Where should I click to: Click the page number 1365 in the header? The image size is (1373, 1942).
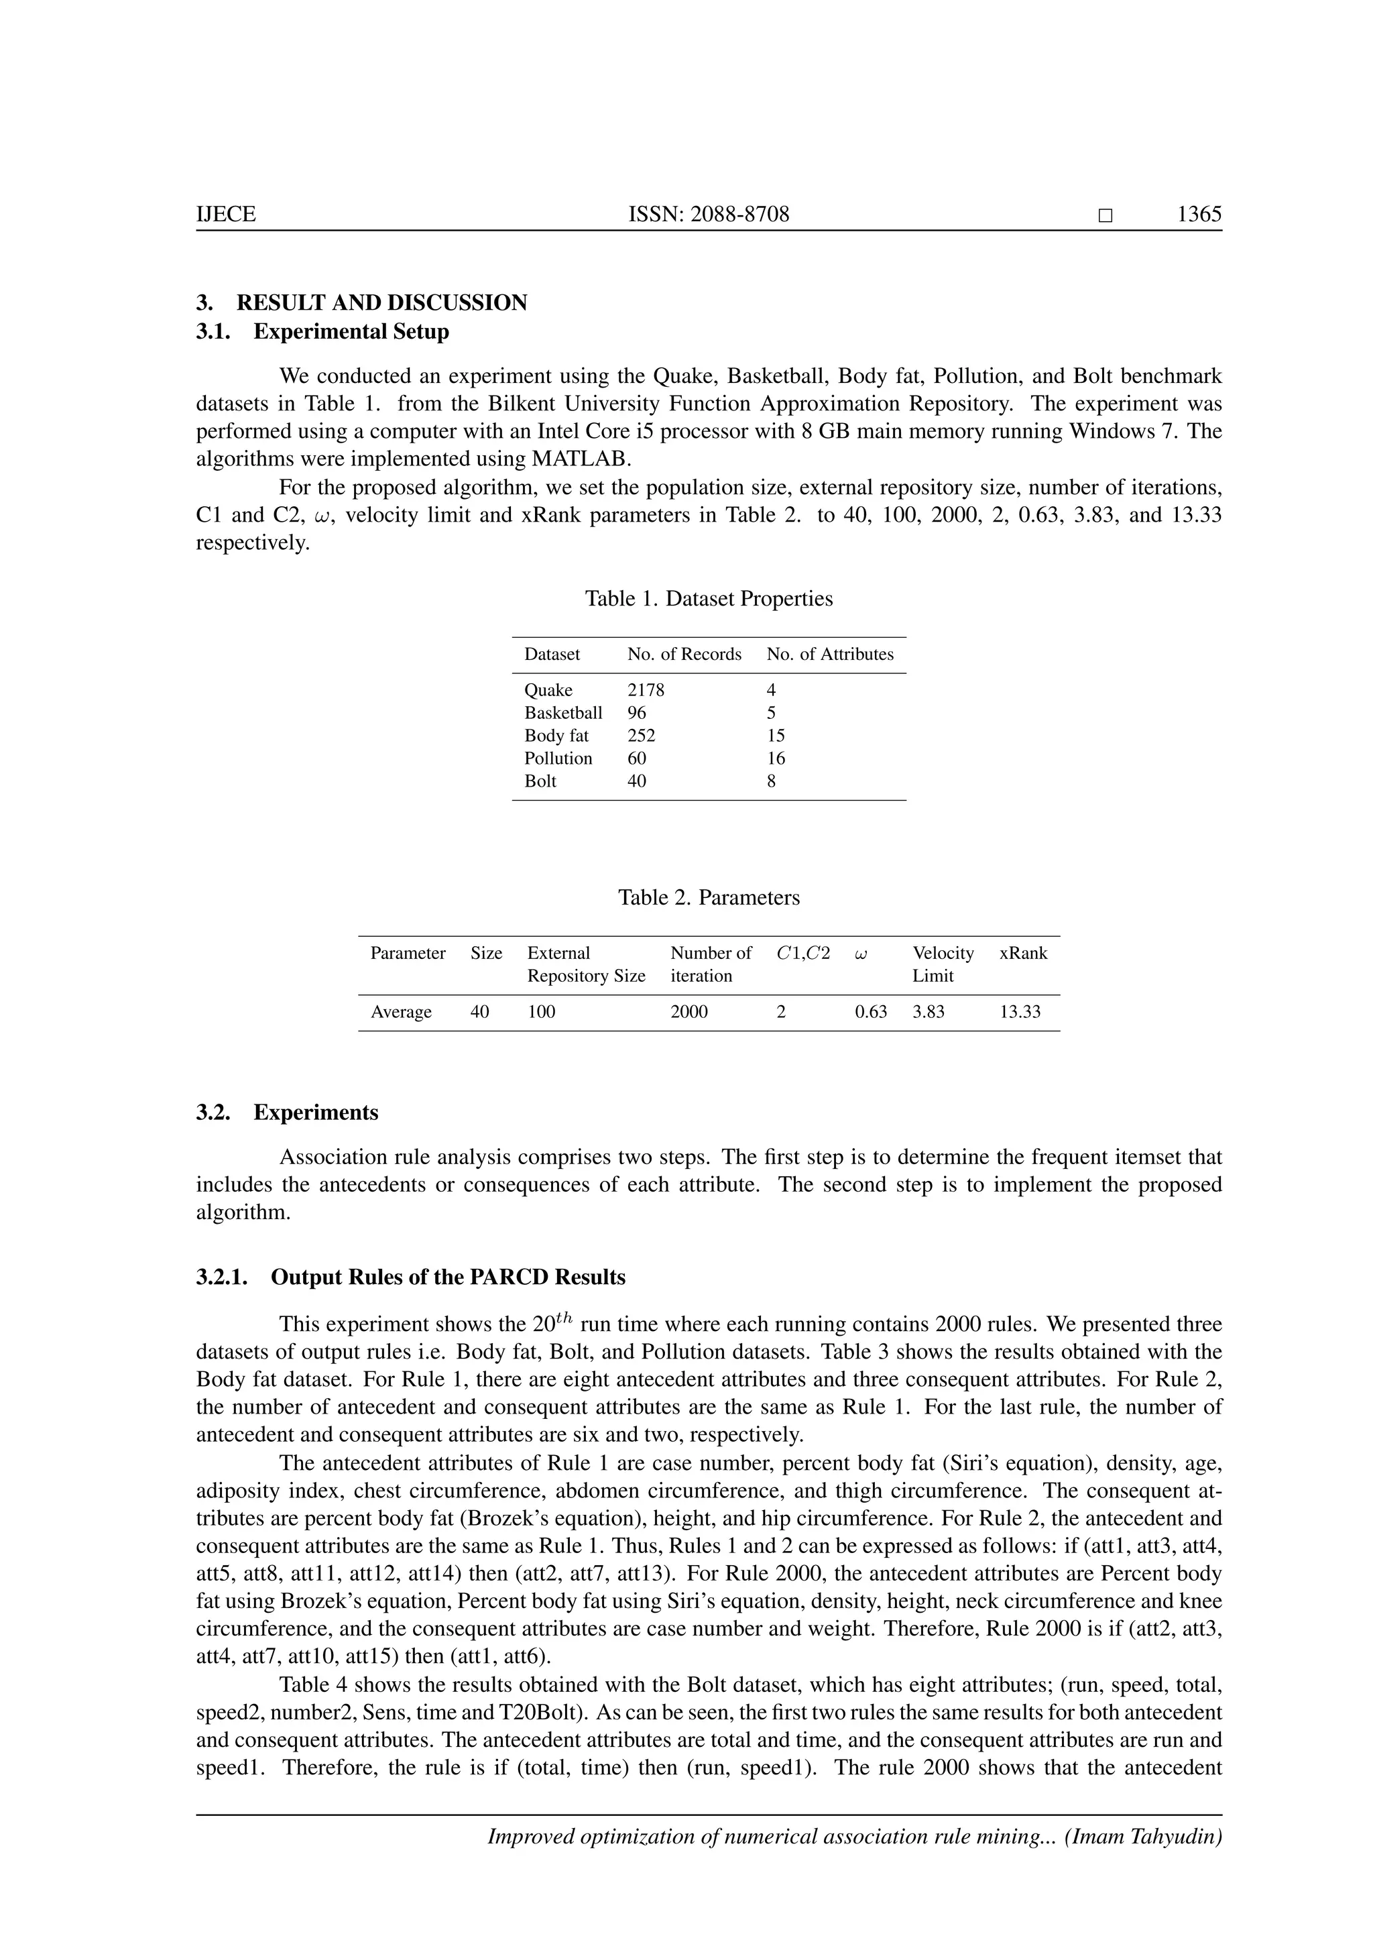point(1199,214)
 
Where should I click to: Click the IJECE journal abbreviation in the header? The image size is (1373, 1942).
point(226,214)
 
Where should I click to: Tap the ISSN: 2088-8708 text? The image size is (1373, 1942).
point(709,214)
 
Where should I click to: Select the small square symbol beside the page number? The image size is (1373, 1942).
point(1105,216)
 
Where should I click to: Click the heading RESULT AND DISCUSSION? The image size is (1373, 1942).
point(381,303)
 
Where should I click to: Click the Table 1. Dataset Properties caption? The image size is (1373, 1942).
point(709,599)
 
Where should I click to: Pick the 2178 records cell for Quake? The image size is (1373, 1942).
point(645,690)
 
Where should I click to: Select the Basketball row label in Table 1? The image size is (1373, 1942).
point(563,713)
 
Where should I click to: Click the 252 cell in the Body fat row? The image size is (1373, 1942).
point(641,736)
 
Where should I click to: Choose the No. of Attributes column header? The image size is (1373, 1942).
point(829,654)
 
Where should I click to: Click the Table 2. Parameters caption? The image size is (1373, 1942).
point(709,897)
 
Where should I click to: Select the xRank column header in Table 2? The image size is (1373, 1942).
point(1023,954)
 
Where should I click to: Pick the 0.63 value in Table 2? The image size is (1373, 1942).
point(871,1013)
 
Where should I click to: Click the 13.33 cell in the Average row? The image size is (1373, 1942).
point(1020,1013)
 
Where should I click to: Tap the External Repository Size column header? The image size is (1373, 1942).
point(586,964)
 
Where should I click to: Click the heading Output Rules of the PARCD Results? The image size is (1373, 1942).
point(448,1277)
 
